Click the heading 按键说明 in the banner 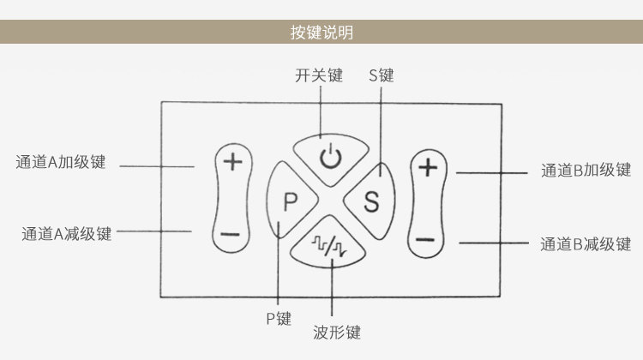tap(321, 32)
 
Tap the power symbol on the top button tap(331, 157)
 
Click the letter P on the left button tap(291, 201)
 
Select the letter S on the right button tap(371, 201)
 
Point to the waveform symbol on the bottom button tap(329, 246)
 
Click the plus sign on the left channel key tap(232, 161)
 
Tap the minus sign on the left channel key tap(230, 235)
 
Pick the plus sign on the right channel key tap(428, 167)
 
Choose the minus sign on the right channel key tap(425, 239)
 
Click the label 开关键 tap(319, 75)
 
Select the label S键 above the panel tap(382, 75)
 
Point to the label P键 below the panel tap(279, 319)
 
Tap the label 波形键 tap(337, 332)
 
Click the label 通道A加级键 tap(61, 162)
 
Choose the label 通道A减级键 tap(66, 234)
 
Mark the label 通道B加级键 tap(586, 171)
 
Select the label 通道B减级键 tap(586, 244)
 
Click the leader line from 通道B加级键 tap(492, 173)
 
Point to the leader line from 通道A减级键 tap(153, 231)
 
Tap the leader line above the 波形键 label tap(332, 287)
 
